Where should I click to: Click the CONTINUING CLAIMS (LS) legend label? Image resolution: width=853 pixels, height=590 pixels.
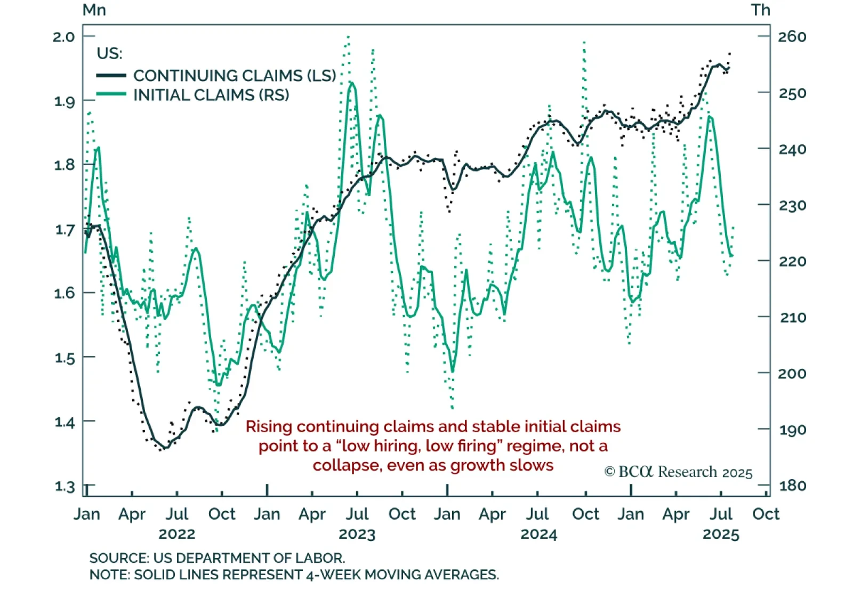[x=235, y=76]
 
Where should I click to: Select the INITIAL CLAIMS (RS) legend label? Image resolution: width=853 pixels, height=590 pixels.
[x=211, y=95]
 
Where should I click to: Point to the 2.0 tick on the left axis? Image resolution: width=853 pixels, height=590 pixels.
[x=64, y=37]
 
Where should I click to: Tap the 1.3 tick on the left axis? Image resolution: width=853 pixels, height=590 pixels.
[x=64, y=486]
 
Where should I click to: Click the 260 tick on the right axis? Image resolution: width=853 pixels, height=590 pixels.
[x=792, y=37]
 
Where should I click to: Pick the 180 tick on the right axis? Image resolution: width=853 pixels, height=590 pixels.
[x=792, y=486]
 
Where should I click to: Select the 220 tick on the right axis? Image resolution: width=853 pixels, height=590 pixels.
[x=792, y=261]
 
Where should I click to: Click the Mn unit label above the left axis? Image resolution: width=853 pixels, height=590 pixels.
[x=94, y=10]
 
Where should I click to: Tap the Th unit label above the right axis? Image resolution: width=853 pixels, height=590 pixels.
[x=761, y=10]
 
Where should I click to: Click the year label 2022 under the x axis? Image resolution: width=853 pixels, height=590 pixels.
[x=177, y=534]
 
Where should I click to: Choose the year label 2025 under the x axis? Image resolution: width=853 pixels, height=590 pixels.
[x=721, y=534]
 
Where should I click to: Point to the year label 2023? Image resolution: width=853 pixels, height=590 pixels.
[x=357, y=534]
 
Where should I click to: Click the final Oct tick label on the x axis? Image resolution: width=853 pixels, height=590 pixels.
[x=766, y=514]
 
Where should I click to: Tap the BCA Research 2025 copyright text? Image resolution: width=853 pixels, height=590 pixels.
[x=678, y=472]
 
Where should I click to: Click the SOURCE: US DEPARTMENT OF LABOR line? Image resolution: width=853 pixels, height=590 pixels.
[x=217, y=558]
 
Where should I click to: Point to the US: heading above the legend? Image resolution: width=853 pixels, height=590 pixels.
[x=109, y=53]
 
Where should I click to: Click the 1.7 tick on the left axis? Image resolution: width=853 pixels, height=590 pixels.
[x=64, y=230]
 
